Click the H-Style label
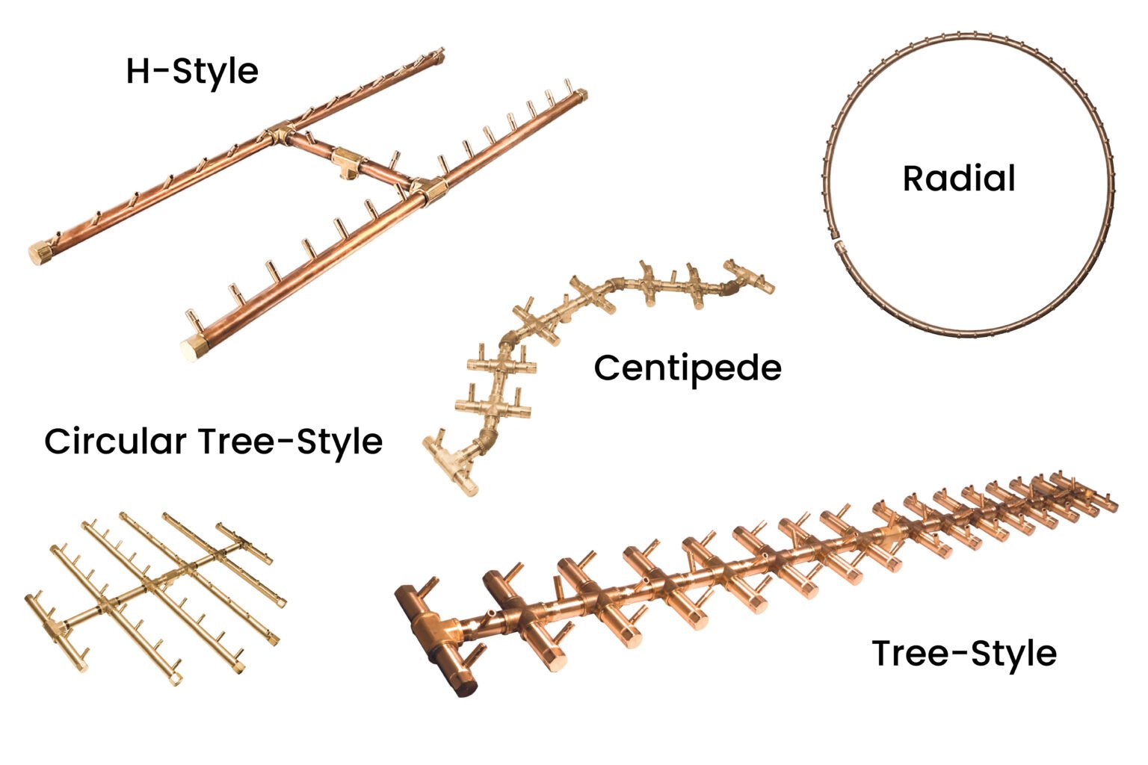tap(192, 72)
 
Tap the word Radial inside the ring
tap(959, 179)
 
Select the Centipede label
tap(688, 368)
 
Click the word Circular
tap(115, 441)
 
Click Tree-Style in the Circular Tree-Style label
tap(291, 441)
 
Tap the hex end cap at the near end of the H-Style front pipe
tap(194, 349)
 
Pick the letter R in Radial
tap(913, 179)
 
